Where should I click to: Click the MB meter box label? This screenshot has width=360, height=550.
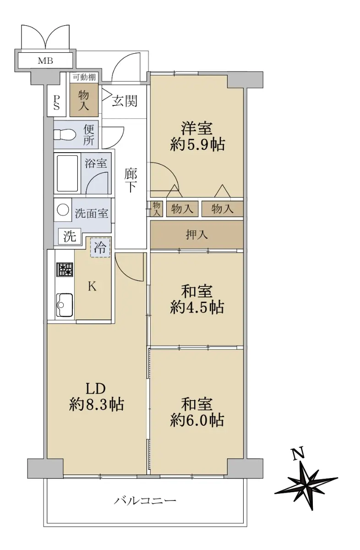pos(45,60)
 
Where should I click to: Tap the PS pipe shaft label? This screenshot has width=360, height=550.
pos(57,102)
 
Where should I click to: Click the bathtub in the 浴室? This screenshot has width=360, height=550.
pos(67,173)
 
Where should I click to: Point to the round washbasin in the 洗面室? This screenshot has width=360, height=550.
pos(63,210)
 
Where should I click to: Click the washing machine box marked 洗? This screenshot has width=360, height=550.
pos(70,236)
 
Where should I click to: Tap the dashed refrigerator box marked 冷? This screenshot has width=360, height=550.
pos(100,247)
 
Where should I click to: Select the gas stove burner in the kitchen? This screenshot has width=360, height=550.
pos(65,269)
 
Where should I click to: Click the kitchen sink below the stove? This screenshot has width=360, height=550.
pos(65,305)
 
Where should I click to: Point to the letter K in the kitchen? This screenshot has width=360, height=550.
pos(92,286)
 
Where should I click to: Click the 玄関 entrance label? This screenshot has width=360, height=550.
pos(125,101)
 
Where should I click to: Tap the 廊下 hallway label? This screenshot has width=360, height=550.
pos(131,181)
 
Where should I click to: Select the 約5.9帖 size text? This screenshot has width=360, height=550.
pos(197,145)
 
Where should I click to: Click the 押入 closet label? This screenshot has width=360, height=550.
pos(197,235)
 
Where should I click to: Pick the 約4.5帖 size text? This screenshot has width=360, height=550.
pos(197,308)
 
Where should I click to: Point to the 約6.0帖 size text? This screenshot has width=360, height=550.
pos(197,421)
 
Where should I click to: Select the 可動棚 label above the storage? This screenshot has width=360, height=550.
pos(84,77)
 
